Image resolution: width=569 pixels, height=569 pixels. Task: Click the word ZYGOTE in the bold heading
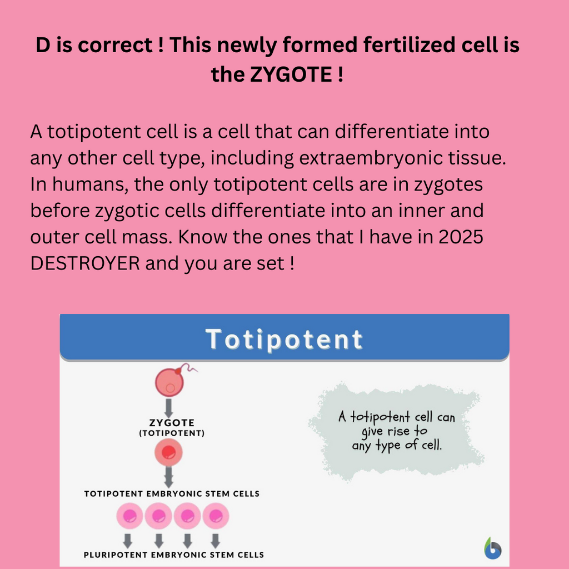(x=291, y=74)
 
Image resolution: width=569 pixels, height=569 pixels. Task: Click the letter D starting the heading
(x=43, y=45)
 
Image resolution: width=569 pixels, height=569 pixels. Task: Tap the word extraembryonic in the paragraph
(x=370, y=158)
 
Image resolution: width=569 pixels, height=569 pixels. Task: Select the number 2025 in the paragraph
(x=461, y=237)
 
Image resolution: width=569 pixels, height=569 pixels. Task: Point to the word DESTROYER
(x=85, y=263)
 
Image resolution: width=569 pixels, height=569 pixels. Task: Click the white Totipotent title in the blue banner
(x=284, y=340)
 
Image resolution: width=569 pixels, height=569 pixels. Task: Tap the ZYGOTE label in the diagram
(x=172, y=423)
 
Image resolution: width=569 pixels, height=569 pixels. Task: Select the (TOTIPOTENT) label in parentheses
(x=172, y=433)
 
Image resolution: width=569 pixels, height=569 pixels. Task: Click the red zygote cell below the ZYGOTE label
(x=168, y=452)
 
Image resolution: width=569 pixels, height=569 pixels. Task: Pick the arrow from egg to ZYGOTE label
(x=169, y=408)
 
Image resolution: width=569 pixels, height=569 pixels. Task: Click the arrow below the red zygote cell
(x=169, y=477)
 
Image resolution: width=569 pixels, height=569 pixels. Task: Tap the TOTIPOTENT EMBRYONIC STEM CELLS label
(x=172, y=494)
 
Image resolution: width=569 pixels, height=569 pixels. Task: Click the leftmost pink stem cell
(x=129, y=516)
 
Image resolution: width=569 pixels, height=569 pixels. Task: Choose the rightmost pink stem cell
(x=216, y=516)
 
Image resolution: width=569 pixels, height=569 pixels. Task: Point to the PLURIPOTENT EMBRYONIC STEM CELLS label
(x=174, y=555)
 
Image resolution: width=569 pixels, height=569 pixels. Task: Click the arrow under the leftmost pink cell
(x=127, y=541)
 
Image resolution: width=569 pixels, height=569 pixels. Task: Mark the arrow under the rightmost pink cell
(x=215, y=541)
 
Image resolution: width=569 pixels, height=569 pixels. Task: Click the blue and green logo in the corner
(x=492, y=548)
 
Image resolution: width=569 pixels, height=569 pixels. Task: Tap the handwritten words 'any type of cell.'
(x=397, y=445)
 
